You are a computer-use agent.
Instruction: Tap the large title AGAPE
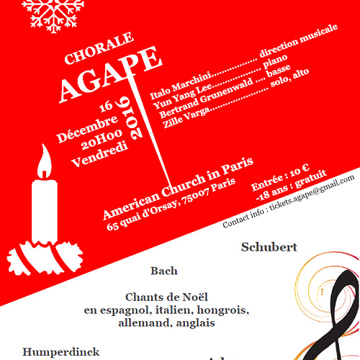[110, 74]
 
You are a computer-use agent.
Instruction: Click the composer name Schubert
[269, 247]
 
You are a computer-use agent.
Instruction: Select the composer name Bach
[163, 271]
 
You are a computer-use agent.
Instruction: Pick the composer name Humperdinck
[60, 352]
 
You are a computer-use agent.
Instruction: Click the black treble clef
[338, 317]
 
